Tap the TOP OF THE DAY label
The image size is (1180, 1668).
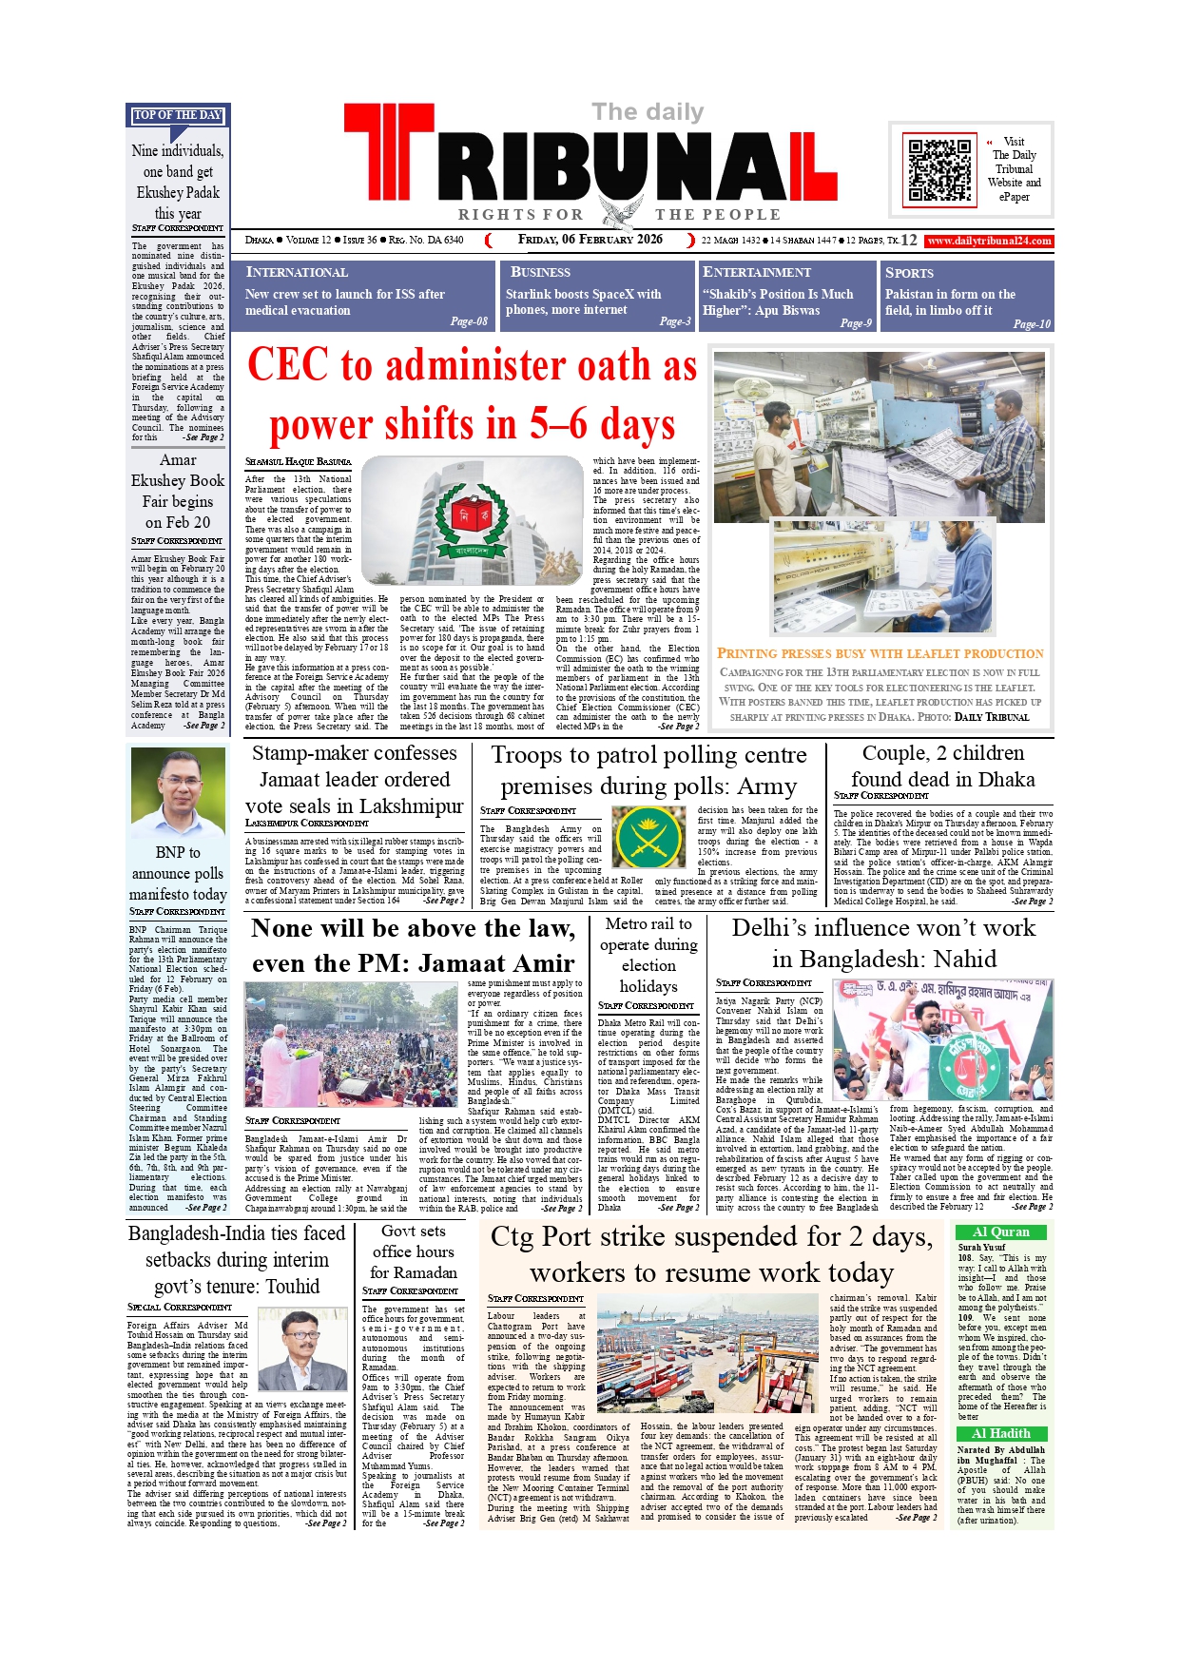pos(178,115)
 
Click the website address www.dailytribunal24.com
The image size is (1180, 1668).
pos(989,241)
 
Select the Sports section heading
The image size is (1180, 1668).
pos(909,273)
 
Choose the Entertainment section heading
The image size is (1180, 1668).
pos(756,273)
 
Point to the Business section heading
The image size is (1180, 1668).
pos(540,273)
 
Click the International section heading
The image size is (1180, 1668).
pos(297,273)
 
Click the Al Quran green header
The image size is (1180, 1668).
pos(1001,1232)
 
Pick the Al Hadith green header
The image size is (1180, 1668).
pos(1001,1433)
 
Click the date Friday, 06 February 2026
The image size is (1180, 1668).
pos(590,240)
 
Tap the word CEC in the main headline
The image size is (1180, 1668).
pos(289,366)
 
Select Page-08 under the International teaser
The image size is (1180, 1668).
pos(469,321)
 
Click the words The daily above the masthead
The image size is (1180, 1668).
pos(648,112)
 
